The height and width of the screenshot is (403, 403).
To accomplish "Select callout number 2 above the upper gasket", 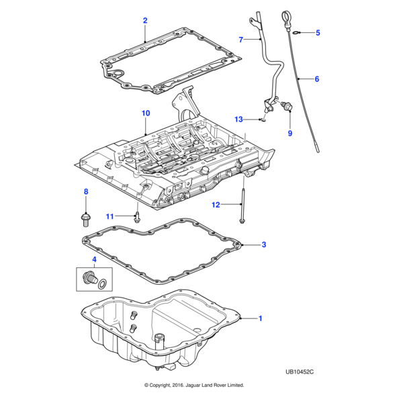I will point(144,21).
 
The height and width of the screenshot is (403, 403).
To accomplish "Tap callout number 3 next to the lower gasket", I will point(264,244).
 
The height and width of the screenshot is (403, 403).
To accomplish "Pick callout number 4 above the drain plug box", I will point(93,259).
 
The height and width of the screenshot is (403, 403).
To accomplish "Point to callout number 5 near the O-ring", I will point(318,32).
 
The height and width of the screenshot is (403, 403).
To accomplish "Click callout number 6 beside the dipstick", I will point(316,79).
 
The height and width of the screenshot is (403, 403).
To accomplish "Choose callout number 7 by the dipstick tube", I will point(240,40).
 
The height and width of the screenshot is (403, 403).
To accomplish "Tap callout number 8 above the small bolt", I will point(85,193).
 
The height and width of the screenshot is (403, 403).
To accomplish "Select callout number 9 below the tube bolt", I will point(290,133).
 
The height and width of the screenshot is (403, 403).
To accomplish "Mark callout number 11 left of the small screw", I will point(110,216).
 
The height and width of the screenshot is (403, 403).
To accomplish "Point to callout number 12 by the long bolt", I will point(216,204).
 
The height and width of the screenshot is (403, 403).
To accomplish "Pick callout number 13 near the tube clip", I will point(238,119).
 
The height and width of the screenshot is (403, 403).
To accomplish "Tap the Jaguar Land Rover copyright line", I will point(194,386).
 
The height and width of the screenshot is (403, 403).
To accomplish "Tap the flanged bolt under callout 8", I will point(85,216).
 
